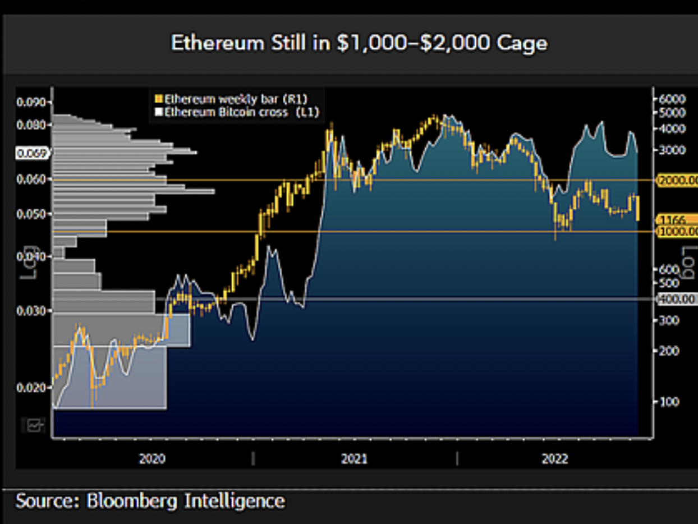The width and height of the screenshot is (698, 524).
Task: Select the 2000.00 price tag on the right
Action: [x=678, y=180]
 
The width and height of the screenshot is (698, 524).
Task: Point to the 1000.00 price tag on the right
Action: [x=678, y=231]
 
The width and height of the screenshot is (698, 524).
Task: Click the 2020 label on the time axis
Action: [x=152, y=459]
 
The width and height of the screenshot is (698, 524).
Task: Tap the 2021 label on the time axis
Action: [x=354, y=459]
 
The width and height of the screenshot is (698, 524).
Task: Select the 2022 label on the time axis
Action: [x=555, y=459]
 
